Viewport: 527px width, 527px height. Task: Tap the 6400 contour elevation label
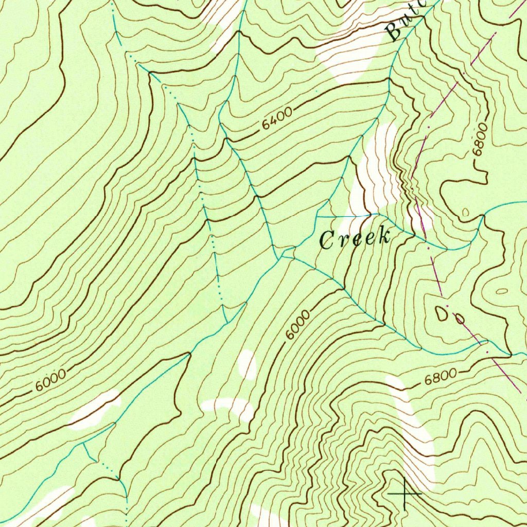(277, 118)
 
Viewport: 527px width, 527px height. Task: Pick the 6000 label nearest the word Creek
(298, 325)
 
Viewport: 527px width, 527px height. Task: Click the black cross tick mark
(405, 493)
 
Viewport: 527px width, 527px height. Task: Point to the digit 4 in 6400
(274, 120)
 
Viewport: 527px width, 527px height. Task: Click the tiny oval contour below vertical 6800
(466, 212)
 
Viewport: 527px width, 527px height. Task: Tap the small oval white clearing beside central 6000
(248, 364)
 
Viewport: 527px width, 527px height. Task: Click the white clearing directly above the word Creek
(378, 170)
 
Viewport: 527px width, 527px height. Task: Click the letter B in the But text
(394, 32)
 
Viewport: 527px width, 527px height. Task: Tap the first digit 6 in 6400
(265, 125)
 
